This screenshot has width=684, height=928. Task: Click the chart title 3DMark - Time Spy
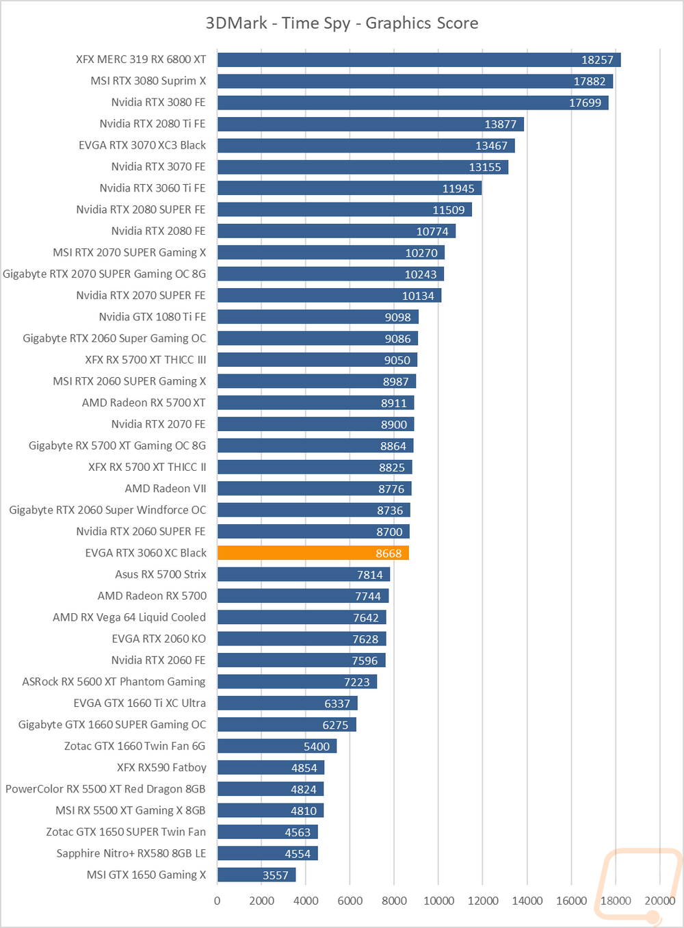tap(342, 23)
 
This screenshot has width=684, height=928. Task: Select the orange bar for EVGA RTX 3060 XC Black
tap(313, 553)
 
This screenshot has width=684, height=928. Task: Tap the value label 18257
tap(597, 60)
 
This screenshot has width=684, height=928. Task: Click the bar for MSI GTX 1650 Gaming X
tap(256, 875)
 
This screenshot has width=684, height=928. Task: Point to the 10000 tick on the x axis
tap(438, 901)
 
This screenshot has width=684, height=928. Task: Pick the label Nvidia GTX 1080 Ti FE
tap(153, 317)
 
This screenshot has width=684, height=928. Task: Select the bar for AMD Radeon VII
tap(314, 489)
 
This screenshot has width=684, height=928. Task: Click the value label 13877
tap(500, 125)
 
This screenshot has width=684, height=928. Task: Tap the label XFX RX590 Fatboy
tap(161, 768)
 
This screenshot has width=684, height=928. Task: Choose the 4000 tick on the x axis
tap(306, 901)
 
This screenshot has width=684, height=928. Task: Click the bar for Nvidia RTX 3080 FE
tap(412, 103)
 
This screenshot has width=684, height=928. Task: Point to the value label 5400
tap(317, 747)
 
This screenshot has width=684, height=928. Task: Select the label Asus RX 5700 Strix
tap(161, 574)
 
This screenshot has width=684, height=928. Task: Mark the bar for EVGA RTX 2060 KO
tap(302, 639)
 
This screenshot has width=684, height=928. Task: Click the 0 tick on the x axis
tap(218, 901)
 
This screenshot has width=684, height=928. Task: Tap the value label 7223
tap(356, 682)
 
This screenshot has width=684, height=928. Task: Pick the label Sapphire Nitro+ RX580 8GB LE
tap(131, 853)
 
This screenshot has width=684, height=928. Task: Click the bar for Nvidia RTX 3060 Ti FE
tap(350, 188)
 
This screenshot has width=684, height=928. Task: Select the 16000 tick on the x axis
tap(571, 901)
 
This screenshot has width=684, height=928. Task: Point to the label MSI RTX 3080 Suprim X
tap(148, 81)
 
